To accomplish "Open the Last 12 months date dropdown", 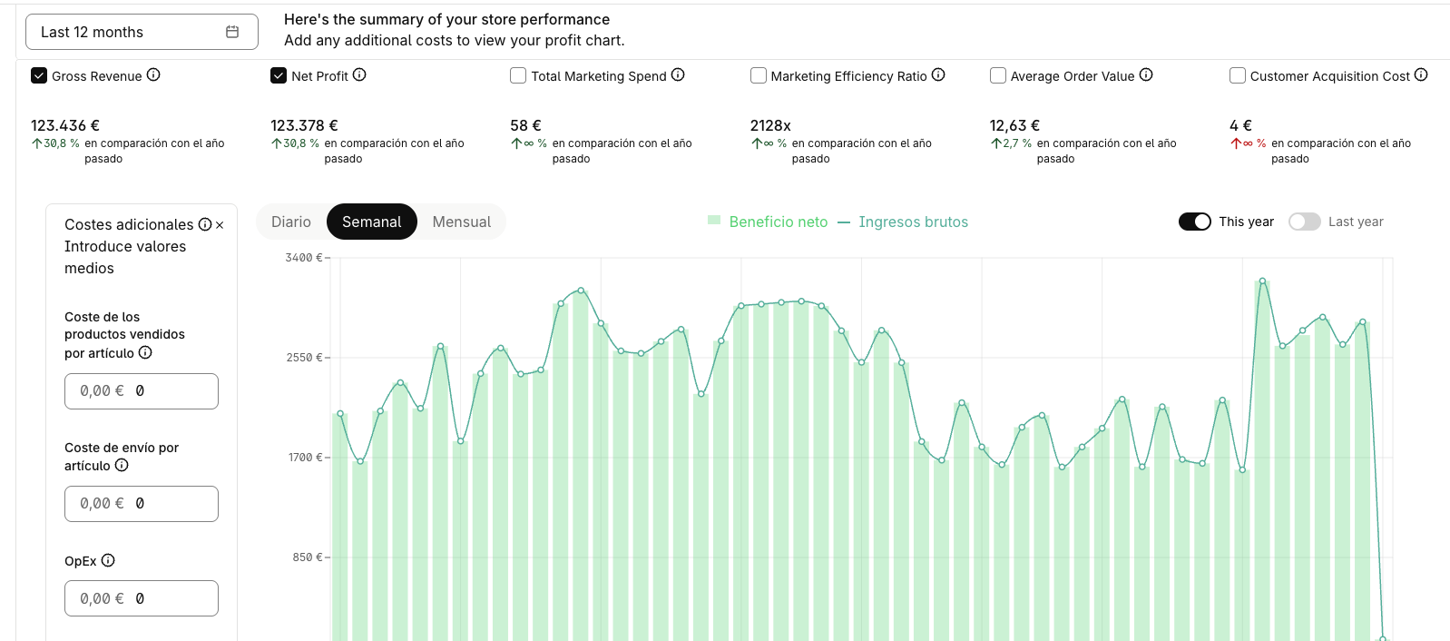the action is click(142, 32).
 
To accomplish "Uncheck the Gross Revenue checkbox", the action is click(39, 75).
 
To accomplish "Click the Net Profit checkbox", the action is click(279, 75).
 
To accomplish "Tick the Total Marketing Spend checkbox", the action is click(518, 75).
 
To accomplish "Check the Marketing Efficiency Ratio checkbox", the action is click(758, 75).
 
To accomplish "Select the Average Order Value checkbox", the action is click(997, 75).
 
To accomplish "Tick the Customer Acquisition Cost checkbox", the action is click(1237, 75).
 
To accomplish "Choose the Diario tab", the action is click(291, 222).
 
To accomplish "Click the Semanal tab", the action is click(371, 222).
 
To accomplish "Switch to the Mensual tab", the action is click(462, 222).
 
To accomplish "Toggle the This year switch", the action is click(1194, 222).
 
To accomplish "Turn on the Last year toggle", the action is click(1304, 222).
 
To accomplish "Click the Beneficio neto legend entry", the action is click(768, 222).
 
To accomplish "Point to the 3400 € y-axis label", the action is click(304, 258).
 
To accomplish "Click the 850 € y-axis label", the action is click(308, 557).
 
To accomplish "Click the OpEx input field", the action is click(142, 598).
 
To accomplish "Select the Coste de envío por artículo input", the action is click(142, 504).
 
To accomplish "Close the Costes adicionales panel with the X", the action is click(220, 224).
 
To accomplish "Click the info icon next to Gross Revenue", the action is click(153, 75).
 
